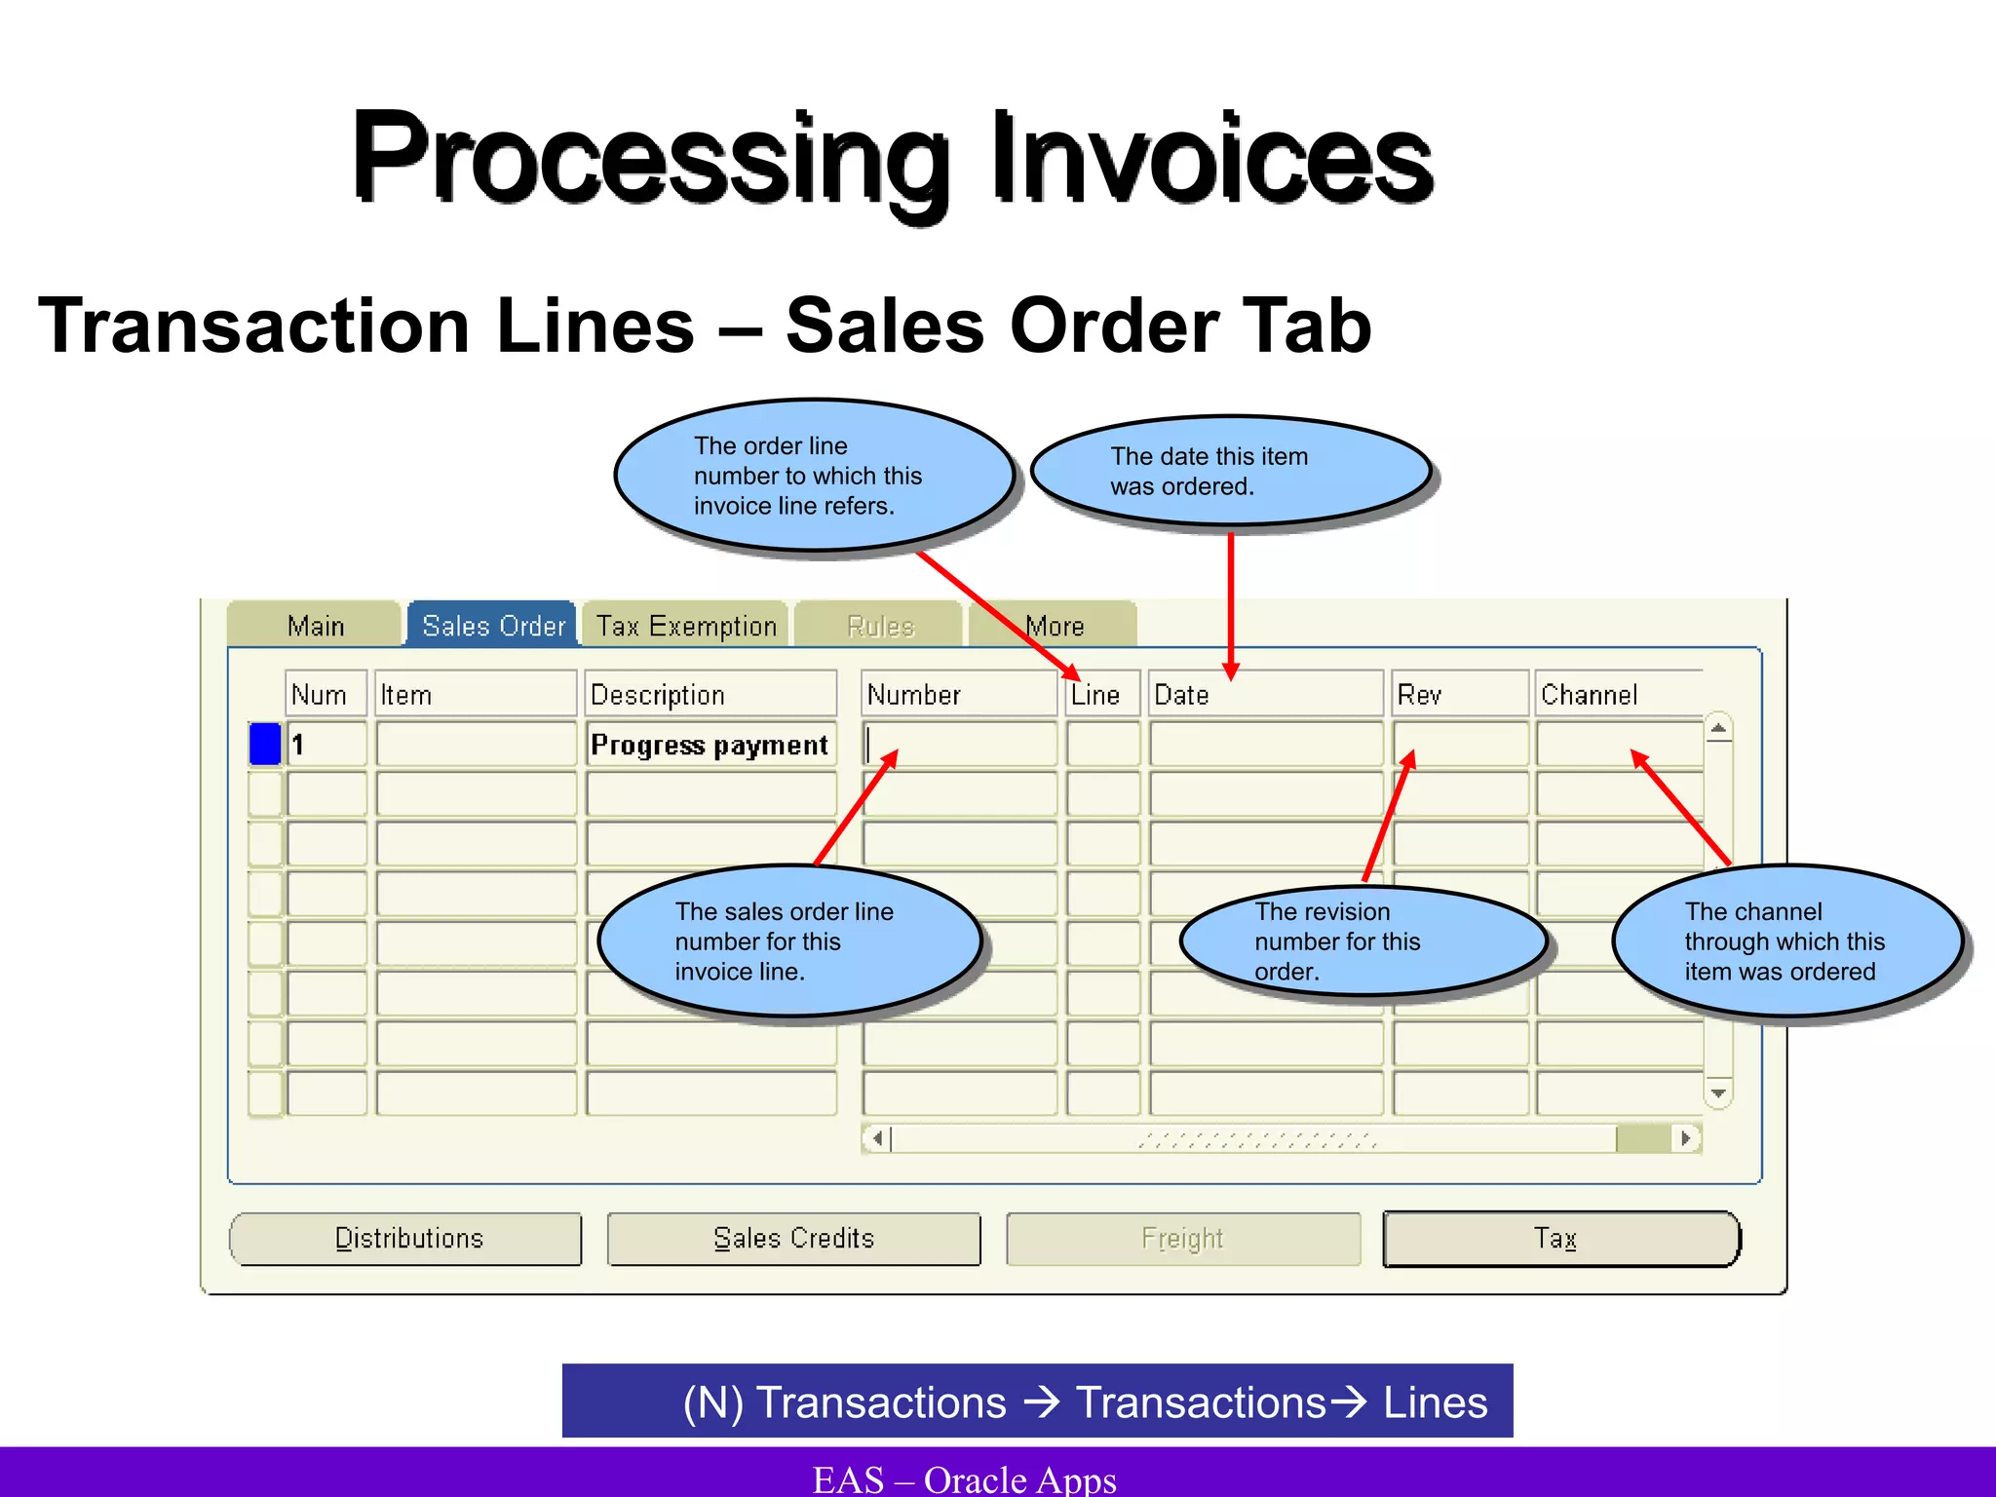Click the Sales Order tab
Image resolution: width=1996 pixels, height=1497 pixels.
(x=493, y=626)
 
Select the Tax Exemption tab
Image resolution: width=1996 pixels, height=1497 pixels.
(x=686, y=626)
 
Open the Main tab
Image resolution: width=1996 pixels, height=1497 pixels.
(x=316, y=626)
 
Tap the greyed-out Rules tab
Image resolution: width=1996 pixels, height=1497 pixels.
(x=880, y=626)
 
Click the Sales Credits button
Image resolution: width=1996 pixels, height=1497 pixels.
(x=793, y=1239)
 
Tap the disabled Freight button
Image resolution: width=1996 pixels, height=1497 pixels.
(x=1182, y=1239)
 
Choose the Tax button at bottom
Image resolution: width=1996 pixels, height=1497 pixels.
(x=1559, y=1239)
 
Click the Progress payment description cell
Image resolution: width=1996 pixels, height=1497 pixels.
(x=710, y=745)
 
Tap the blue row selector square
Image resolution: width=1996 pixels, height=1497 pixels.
(x=265, y=744)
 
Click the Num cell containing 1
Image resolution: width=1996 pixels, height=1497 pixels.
(x=326, y=745)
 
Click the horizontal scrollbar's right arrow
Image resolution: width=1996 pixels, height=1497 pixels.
(x=1686, y=1138)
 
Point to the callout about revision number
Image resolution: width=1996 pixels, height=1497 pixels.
(x=1363, y=941)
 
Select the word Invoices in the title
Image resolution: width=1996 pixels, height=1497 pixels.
(x=1212, y=159)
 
